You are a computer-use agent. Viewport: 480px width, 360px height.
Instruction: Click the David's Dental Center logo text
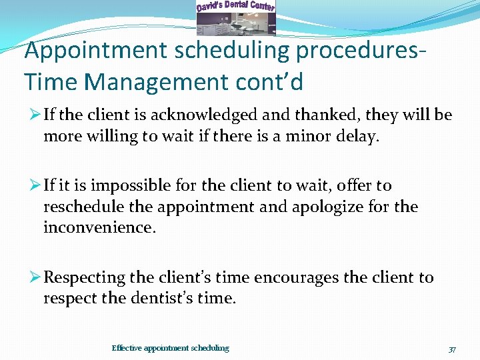[x=235, y=7]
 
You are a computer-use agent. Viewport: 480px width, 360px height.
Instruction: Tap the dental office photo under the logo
[x=235, y=24]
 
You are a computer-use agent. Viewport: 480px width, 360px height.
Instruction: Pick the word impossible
[x=123, y=185]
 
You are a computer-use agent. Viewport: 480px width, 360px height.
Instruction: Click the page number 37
[x=452, y=349]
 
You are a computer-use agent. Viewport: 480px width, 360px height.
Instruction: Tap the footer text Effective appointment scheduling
[x=170, y=348]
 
